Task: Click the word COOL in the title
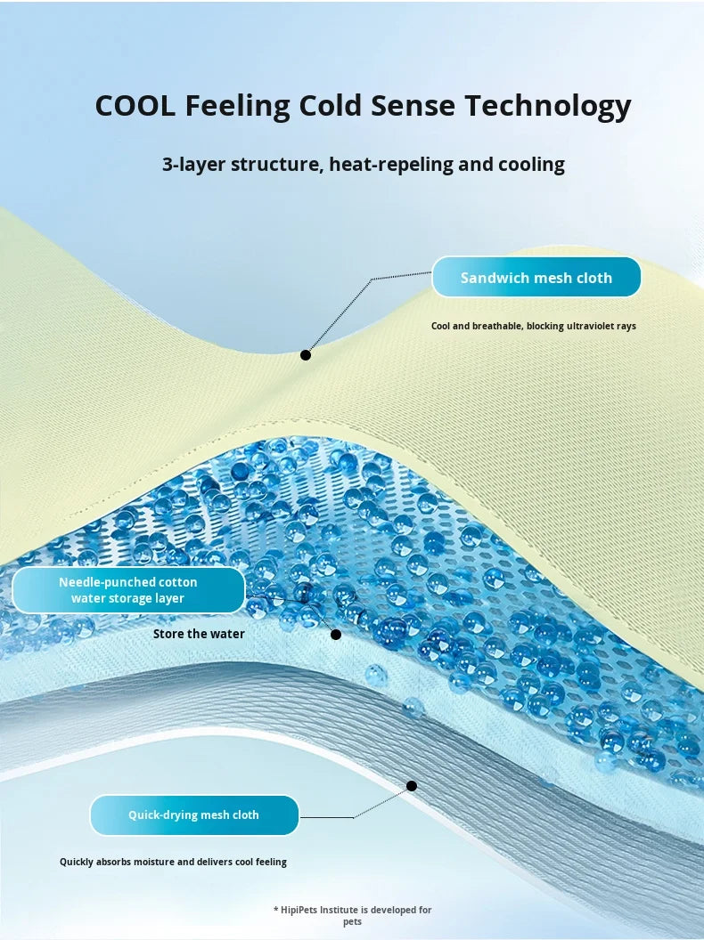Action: point(135,105)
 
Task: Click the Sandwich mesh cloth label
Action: point(536,277)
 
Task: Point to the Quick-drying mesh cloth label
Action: point(194,814)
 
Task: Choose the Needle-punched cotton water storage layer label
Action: point(128,590)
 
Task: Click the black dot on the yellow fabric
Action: point(306,355)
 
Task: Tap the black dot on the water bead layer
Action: point(336,635)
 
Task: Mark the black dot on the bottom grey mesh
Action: point(412,786)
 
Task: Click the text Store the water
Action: point(199,634)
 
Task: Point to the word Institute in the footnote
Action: point(341,910)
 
